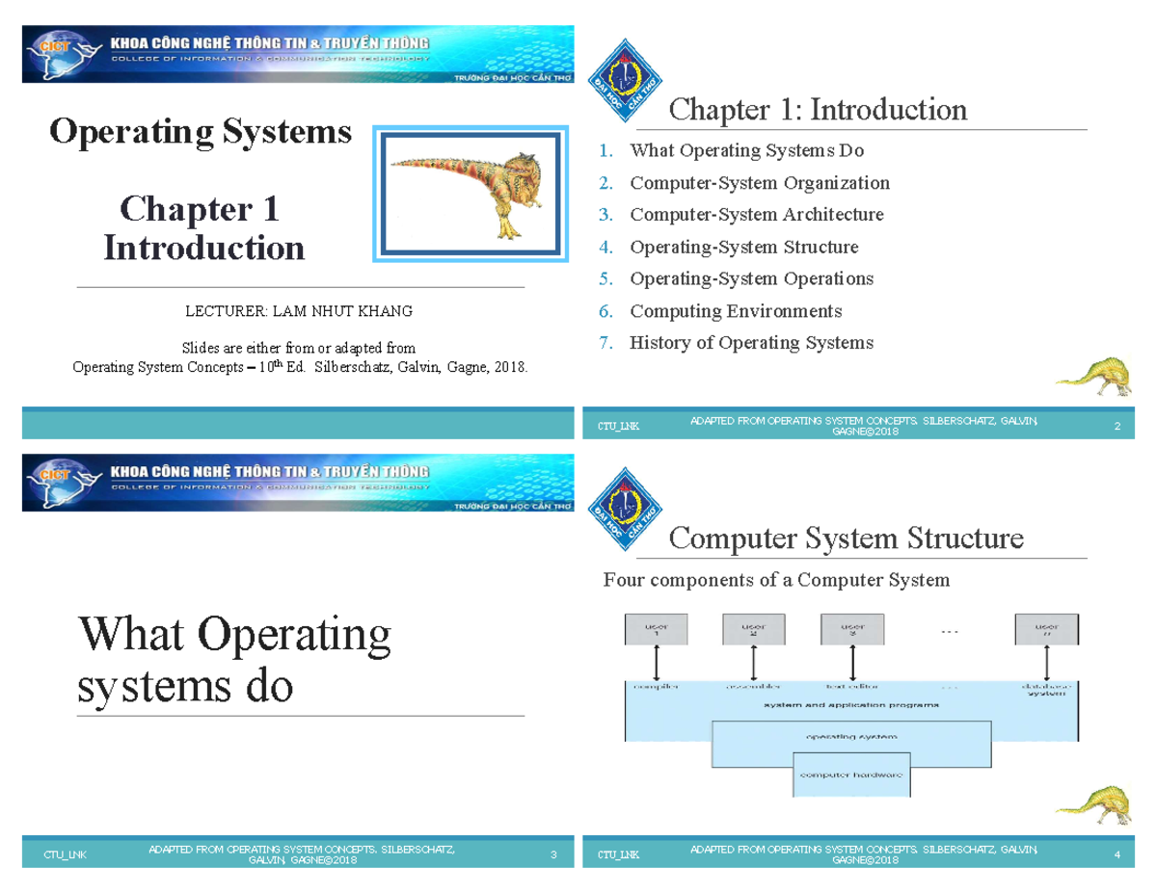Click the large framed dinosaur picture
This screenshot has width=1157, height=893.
[x=468, y=193]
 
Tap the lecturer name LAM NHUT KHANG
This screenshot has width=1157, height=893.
[x=299, y=311]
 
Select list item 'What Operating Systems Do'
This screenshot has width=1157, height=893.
[x=746, y=151]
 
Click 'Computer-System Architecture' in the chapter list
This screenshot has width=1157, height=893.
[x=756, y=215]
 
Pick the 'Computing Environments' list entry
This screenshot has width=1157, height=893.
[x=735, y=311]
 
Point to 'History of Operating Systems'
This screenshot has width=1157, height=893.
[x=751, y=343]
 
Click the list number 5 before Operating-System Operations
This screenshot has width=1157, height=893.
[x=605, y=279]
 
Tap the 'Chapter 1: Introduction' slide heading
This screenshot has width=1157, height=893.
[x=818, y=110]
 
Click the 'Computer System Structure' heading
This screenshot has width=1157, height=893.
[x=846, y=538]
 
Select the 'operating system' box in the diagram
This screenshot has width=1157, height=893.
[x=850, y=737]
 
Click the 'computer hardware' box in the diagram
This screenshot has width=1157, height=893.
[x=851, y=775]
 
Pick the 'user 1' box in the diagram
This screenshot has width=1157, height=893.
[x=657, y=630]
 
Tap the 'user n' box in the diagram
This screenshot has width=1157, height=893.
[x=1046, y=630]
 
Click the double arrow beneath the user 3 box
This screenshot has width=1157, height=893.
[x=852, y=664]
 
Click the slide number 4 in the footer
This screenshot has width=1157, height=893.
[x=1116, y=854]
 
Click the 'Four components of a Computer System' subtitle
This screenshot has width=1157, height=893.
[x=776, y=580]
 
